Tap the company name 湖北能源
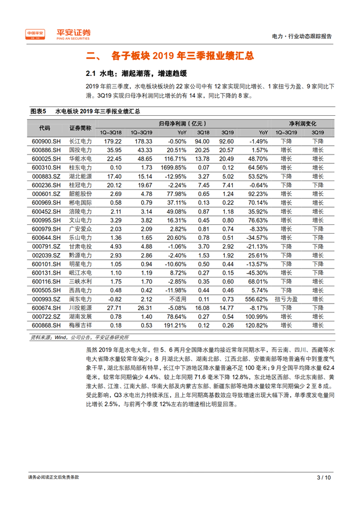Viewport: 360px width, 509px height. pos(80,176)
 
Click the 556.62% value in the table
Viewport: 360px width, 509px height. pos(257,298)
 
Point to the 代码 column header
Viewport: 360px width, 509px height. pos(44,128)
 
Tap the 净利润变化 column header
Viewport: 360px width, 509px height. pos(302,124)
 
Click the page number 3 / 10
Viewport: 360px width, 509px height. pos(323,477)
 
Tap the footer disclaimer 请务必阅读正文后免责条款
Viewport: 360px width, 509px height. pos(54,477)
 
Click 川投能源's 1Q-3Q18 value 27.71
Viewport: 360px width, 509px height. pos(114,307)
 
